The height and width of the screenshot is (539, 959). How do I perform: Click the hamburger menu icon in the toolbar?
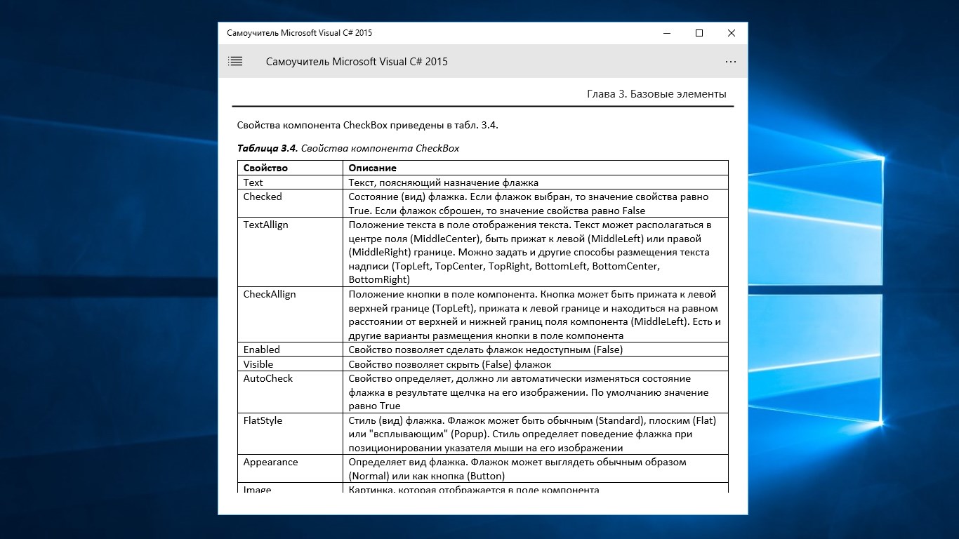point(235,62)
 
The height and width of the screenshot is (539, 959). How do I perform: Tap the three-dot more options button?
point(731,62)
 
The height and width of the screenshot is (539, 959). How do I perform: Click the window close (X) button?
point(731,33)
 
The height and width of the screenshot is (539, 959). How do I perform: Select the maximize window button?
point(699,33)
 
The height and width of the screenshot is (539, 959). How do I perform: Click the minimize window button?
point(666,33)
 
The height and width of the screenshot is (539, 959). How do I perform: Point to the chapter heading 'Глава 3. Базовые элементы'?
point(656,94)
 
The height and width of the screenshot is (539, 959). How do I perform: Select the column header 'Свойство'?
point(265,168)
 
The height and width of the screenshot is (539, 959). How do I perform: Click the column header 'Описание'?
point(372,168)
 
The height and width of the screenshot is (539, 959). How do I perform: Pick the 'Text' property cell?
point(253,182)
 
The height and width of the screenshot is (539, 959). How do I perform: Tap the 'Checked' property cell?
point(263,197)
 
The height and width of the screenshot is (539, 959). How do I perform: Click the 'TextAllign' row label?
point(265,225)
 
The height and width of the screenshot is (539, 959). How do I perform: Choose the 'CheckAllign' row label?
point(270,294)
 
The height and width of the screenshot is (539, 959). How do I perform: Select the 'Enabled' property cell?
point(262,350)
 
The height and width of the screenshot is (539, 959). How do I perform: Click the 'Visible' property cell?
point(258,364)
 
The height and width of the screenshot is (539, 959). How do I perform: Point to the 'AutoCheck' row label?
point(268,378)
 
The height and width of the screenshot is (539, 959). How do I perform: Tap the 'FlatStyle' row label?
point(263,420)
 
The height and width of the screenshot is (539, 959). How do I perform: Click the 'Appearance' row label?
point(270,462)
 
